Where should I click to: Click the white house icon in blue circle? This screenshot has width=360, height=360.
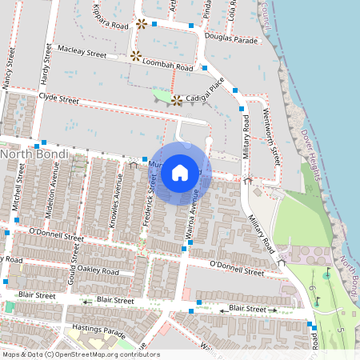(x=180, y=172)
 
